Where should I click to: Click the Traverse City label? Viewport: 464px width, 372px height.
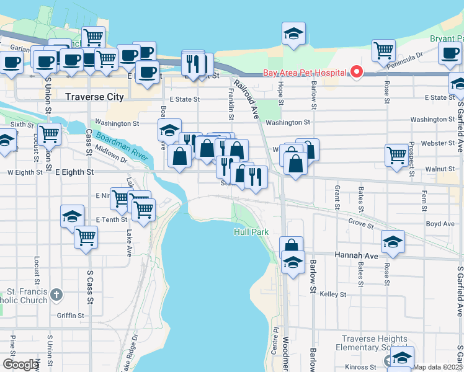pos(94,97)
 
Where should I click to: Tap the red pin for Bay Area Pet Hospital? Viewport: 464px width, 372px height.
pos(357,73)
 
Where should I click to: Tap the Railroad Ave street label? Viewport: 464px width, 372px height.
pos(246,98)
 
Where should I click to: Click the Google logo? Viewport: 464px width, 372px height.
pos(20,365)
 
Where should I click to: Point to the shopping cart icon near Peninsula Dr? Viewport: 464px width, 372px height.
pos(383,50)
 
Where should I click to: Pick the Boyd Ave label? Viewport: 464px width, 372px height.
pos(440,224)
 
